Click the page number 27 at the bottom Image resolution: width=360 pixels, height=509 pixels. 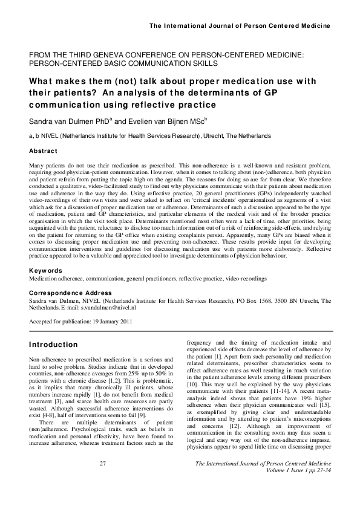click(102, 480)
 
